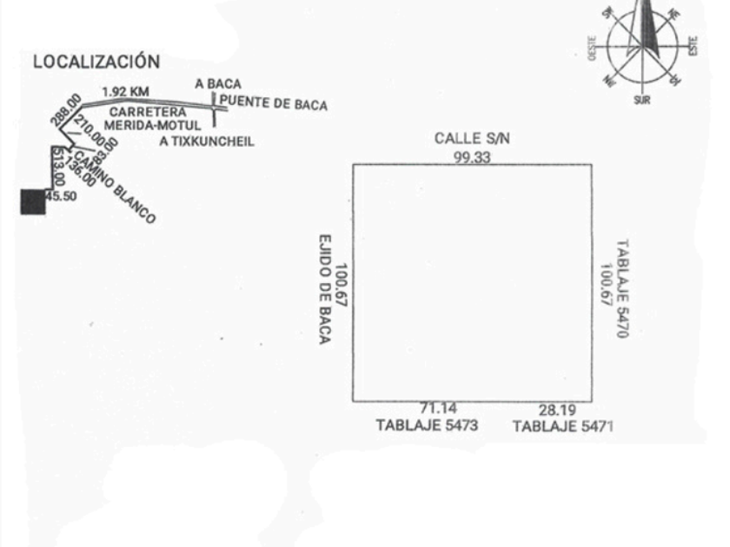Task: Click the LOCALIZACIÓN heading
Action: click(96, 63)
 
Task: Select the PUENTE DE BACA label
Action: click(274, 106)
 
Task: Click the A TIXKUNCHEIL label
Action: click(208, 142)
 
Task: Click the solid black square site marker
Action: click(33, 201)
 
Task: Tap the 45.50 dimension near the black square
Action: click(61, 197)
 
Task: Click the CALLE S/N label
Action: click(472, 139)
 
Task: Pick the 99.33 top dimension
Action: click(472, 157)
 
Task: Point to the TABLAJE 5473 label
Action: click(425, 425)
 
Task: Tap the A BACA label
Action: click(218, 85)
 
